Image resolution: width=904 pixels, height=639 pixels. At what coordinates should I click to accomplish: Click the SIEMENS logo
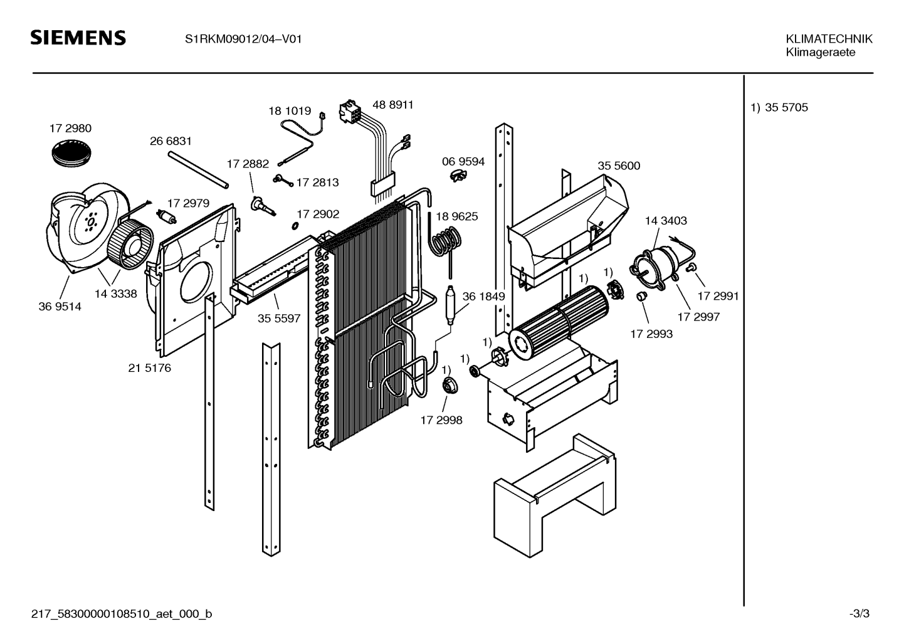pyautogui.click(x=78, y=38)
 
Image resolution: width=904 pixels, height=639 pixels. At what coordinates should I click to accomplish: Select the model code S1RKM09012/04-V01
pyautogui.click(x=243, y=39)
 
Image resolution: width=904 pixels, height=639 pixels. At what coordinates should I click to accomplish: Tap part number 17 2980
pyautogui.click(x=70, y=129)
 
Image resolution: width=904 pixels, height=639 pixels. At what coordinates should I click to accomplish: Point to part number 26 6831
pyautogui.click(x=171, y=142)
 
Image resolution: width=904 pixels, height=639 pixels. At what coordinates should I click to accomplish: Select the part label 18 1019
pyautogui.click(x=290, y=111)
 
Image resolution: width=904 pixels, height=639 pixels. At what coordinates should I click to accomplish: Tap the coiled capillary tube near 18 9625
pyautogui.click(x=446, y=241)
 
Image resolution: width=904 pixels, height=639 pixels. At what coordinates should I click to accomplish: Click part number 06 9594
pyautogui.click(x=463, y=162)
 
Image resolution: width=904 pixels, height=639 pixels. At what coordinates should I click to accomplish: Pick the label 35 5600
pyautogui.click(x=619, y=166)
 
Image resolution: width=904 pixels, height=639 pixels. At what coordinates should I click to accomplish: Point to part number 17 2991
pyautogui.click(x=718, y=296)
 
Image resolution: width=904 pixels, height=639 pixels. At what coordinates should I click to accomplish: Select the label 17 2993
pyautogui.click(x=651, y=334)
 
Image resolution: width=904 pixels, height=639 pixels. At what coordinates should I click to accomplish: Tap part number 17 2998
pyautogui.click(x=441, y=420)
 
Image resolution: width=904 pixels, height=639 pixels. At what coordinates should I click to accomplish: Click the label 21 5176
pyautogui.click(x=149, y=368)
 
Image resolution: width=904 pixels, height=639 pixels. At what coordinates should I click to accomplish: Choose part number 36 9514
pyautogui.click(x=60, y=307)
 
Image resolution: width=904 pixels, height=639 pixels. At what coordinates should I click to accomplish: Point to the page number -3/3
pyautogui.click(x=859, y=614)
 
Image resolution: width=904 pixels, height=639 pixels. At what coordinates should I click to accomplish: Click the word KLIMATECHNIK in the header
pyautogui.click(x=829, y=39)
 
